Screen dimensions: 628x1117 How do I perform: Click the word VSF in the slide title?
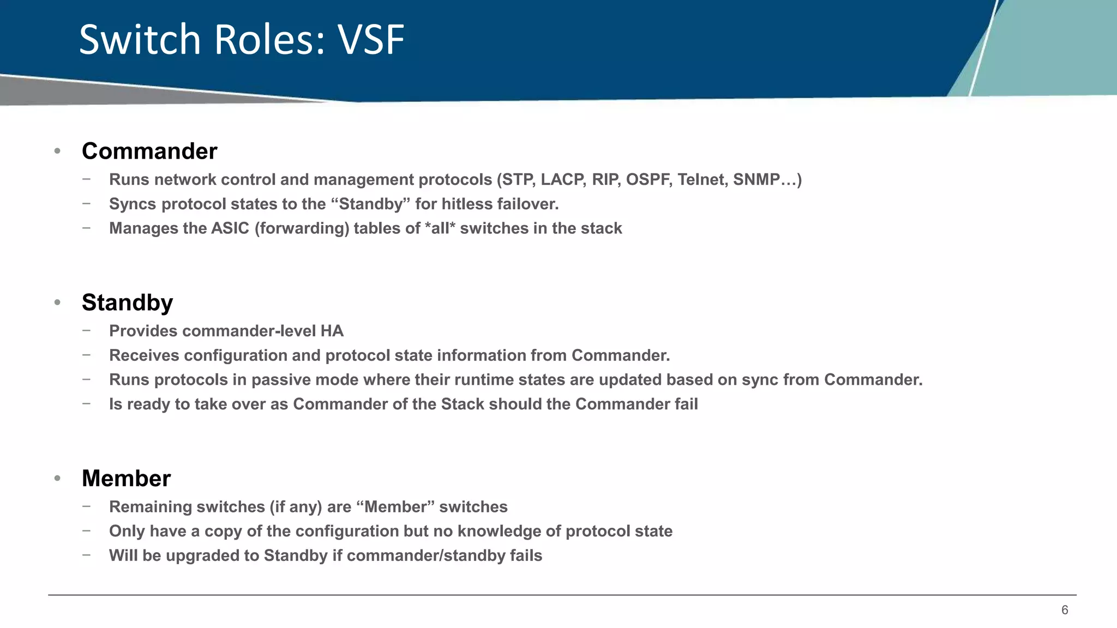coord(371,40)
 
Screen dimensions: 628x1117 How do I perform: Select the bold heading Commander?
coord(149,152)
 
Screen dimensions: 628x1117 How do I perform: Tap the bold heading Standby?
coord(127,303)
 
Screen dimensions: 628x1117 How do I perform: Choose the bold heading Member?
coord(126,479)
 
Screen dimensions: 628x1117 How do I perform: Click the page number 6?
coord(1064,610)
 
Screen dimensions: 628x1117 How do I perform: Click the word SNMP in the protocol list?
coord(756,180)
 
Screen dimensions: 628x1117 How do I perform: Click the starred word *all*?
coord(440,228)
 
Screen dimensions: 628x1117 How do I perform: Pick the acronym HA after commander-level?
coord(332,331)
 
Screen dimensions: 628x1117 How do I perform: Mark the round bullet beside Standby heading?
coord(57,303)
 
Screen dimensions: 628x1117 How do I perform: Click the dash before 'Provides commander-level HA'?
coord(86,330)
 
